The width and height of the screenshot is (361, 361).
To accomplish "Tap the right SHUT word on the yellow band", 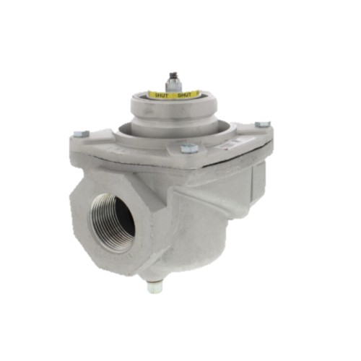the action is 184,95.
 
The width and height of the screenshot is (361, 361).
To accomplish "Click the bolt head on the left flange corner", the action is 81,134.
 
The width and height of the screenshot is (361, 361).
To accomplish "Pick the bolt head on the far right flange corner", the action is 263,124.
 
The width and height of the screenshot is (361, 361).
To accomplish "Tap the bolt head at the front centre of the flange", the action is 189,148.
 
